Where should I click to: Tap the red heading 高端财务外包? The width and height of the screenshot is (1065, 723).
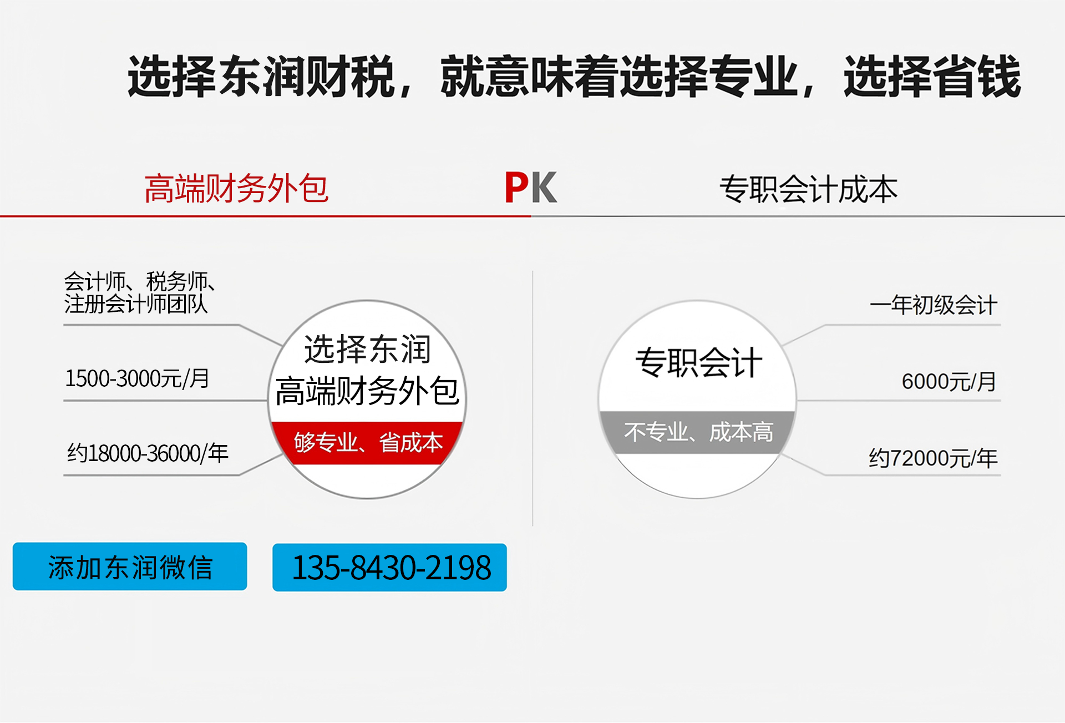[236, 189]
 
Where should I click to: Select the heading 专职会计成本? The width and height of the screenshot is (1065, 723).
[808, 189]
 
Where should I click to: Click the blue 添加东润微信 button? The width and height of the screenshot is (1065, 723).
[130, 567]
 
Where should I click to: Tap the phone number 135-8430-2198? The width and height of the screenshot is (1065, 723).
[390, 568]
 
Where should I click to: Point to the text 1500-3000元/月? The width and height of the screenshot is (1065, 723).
[137, 378]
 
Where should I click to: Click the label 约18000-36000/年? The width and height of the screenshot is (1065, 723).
[148, 453]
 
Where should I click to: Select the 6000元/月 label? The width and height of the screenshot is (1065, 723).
[949, 382]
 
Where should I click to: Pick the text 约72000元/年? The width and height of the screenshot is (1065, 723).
[933, 458]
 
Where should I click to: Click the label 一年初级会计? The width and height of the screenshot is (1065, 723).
[934, 305]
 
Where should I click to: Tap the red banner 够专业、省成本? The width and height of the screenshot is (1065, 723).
[368, 443]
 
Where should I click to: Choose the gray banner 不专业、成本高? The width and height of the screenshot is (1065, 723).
[698, 432]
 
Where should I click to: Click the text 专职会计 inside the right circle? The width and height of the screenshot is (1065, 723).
[698, 363]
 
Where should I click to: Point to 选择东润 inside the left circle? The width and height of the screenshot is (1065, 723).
[367, 350]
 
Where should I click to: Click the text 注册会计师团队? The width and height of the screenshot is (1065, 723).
[136, 304]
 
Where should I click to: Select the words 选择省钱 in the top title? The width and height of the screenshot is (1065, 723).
[932, 77]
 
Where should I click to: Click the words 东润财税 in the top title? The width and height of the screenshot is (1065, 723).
[307, 77]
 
